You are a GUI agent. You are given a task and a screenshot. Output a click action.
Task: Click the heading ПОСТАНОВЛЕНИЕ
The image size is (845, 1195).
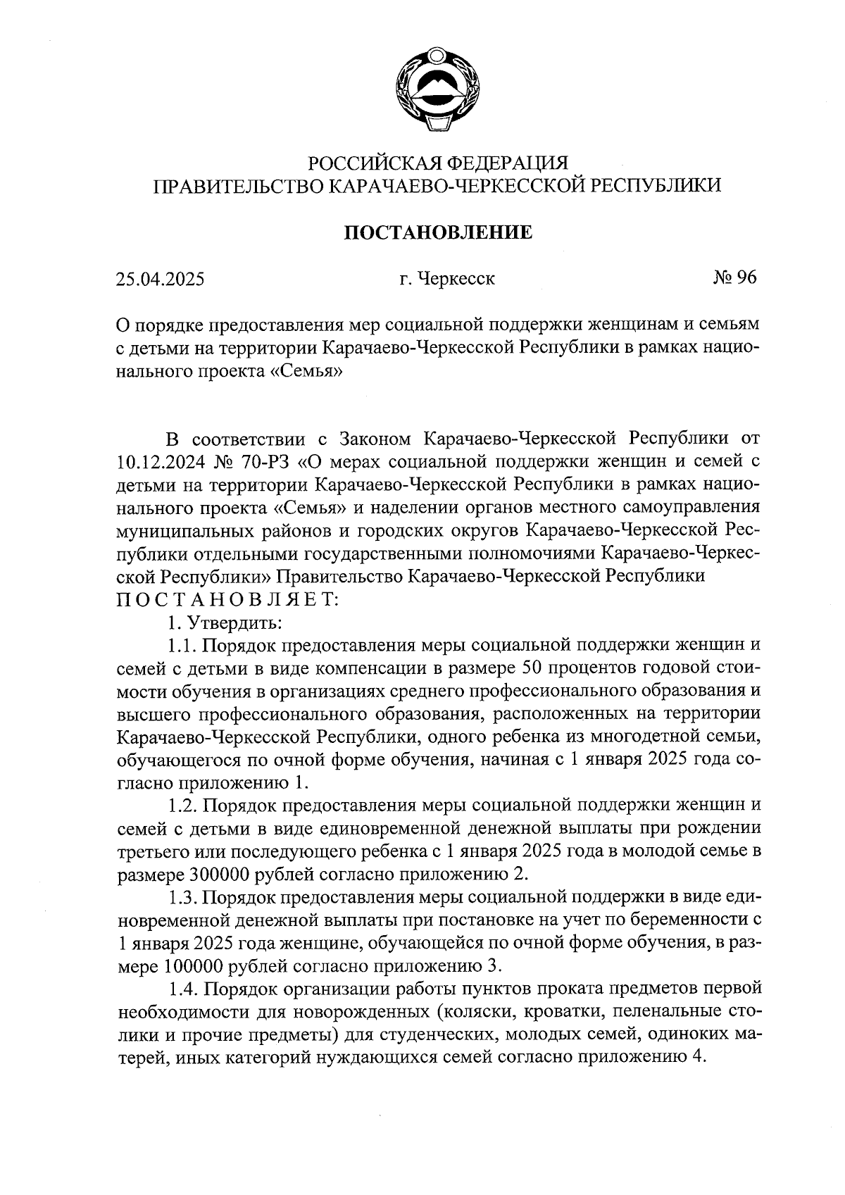(437, 232)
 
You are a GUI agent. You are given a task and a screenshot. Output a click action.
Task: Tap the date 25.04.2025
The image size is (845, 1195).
(161, 279)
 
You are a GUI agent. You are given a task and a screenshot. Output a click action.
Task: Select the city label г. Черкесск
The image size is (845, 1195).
(446, 279)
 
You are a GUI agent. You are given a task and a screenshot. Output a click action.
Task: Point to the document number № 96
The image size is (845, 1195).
(734, 277)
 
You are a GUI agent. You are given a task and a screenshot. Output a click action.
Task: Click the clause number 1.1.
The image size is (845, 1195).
(183, 645)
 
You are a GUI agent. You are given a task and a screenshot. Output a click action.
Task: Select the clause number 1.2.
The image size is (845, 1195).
(183, 805)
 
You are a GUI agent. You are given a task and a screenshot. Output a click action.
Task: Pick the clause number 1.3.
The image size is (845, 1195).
(183, 897)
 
